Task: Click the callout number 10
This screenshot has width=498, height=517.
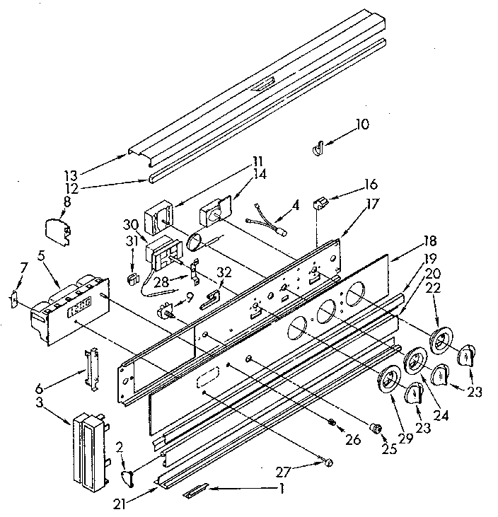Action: click(x=361, y=124)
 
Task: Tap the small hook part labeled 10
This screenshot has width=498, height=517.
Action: click(x=318, y=148)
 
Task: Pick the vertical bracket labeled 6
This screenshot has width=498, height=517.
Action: click(x=91, y=367)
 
